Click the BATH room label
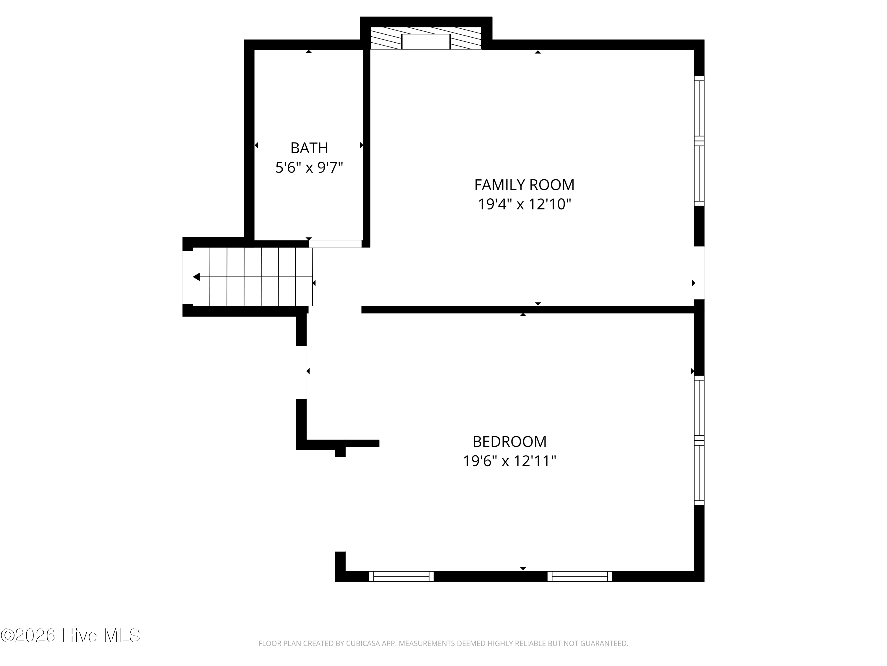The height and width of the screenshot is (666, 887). point(309,148)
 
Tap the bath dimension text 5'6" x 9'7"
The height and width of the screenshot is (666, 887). point(309,168)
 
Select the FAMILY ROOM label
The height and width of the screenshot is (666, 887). point(524,185)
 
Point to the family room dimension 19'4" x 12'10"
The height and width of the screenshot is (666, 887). point(524,204)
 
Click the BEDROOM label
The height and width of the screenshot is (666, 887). point(509,442)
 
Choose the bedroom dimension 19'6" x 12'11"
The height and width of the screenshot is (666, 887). point(509,461)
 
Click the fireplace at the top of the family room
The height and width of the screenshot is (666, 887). point(426,38)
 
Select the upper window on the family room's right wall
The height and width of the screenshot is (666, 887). point(699,108)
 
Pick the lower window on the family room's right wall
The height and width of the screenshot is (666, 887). point(699,173)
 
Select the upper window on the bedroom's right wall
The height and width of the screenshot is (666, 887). point(699,408)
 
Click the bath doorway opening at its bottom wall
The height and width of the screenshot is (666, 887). point(335,244)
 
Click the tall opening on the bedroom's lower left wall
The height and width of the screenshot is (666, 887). point(340,504)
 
